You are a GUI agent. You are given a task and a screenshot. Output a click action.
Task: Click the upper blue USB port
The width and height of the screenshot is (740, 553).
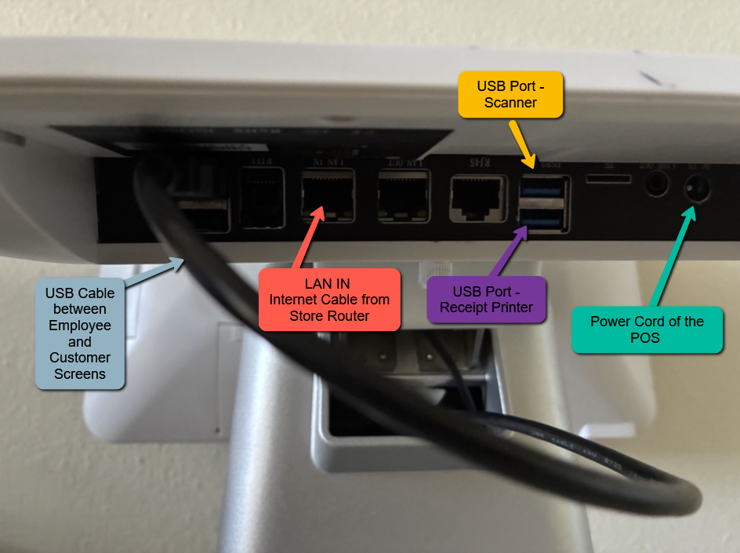click(542, 191)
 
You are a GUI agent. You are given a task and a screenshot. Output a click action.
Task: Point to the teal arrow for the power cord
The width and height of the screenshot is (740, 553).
click(672, 255)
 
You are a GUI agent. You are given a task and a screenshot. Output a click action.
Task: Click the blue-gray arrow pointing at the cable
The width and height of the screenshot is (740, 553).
click(154, 271)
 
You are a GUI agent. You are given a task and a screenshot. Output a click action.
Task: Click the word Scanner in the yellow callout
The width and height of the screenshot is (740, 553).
click(510, 103)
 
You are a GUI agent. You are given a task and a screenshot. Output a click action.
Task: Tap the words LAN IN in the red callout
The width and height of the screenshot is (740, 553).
click(328, 283)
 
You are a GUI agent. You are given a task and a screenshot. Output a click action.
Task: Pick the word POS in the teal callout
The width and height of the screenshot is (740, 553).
click(647, 338)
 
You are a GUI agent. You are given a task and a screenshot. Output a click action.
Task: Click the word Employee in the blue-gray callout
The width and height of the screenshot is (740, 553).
click(80, 326)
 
